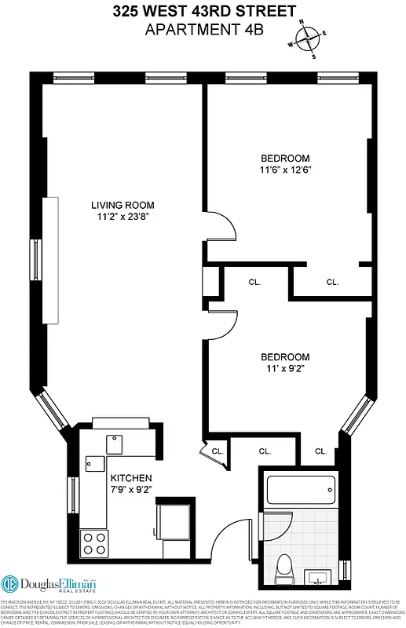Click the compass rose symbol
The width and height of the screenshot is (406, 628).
(306, 39)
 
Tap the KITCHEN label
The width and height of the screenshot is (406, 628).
(130, 478)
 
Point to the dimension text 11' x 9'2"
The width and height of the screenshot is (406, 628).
(285, 368)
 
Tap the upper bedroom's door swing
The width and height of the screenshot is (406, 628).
(221, 229)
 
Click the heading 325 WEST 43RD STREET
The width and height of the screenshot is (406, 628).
(203, 11)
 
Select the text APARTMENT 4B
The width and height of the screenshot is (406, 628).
(203, 29)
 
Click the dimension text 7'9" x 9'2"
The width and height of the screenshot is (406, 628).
(130, 490)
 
